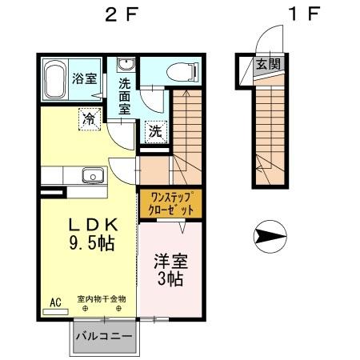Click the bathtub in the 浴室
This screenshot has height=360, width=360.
pos(54,79)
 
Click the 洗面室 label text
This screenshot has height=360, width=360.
pos(125,94)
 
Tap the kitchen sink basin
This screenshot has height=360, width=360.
pos(91,175)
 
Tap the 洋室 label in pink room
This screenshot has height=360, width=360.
pos(169,261)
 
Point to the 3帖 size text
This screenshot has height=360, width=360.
pos(169,280)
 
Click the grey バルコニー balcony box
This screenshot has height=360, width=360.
pos(104,336)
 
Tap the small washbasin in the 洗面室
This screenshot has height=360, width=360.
pos(125,65)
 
